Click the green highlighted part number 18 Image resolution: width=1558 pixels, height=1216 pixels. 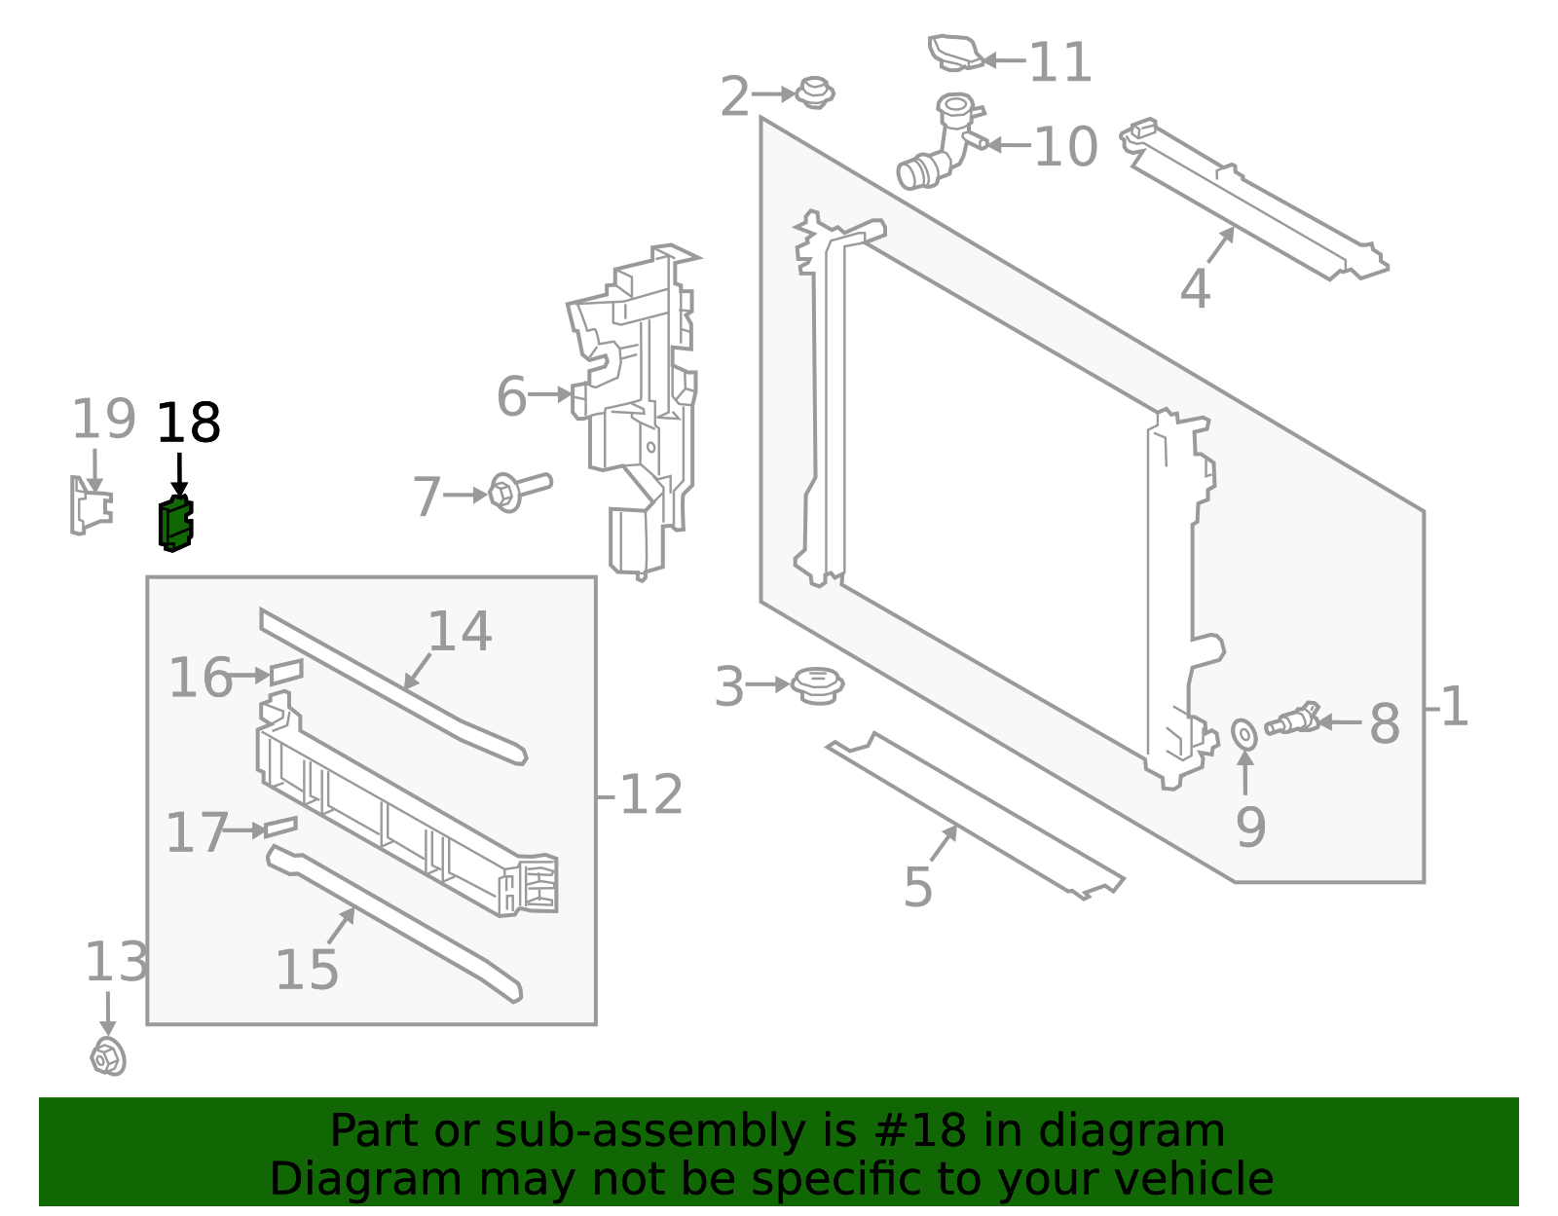(x=175, y=524)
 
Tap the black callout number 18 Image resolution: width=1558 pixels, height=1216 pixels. (x=188, y=424)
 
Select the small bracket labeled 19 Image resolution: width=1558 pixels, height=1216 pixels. (x=90, y=506)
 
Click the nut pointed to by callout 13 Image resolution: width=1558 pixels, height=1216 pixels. (x=108, y=1056)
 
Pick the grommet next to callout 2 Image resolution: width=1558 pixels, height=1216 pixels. (x=814, y=92)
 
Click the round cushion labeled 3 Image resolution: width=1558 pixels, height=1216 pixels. (x=817, y=685)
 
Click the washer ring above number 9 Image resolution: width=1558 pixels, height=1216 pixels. (x=1244, y=734)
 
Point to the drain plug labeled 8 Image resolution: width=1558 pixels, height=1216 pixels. (x=1291, y=720)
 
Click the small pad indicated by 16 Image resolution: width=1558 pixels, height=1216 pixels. (x=286, y=671)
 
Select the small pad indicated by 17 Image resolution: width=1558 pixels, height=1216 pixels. (x=280, y=827)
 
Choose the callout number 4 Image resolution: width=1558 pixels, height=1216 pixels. (x=1195, y=289)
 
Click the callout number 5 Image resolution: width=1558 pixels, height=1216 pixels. (x=917, y=887)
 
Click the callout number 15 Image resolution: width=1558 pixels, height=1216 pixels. (x=307, y=970)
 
